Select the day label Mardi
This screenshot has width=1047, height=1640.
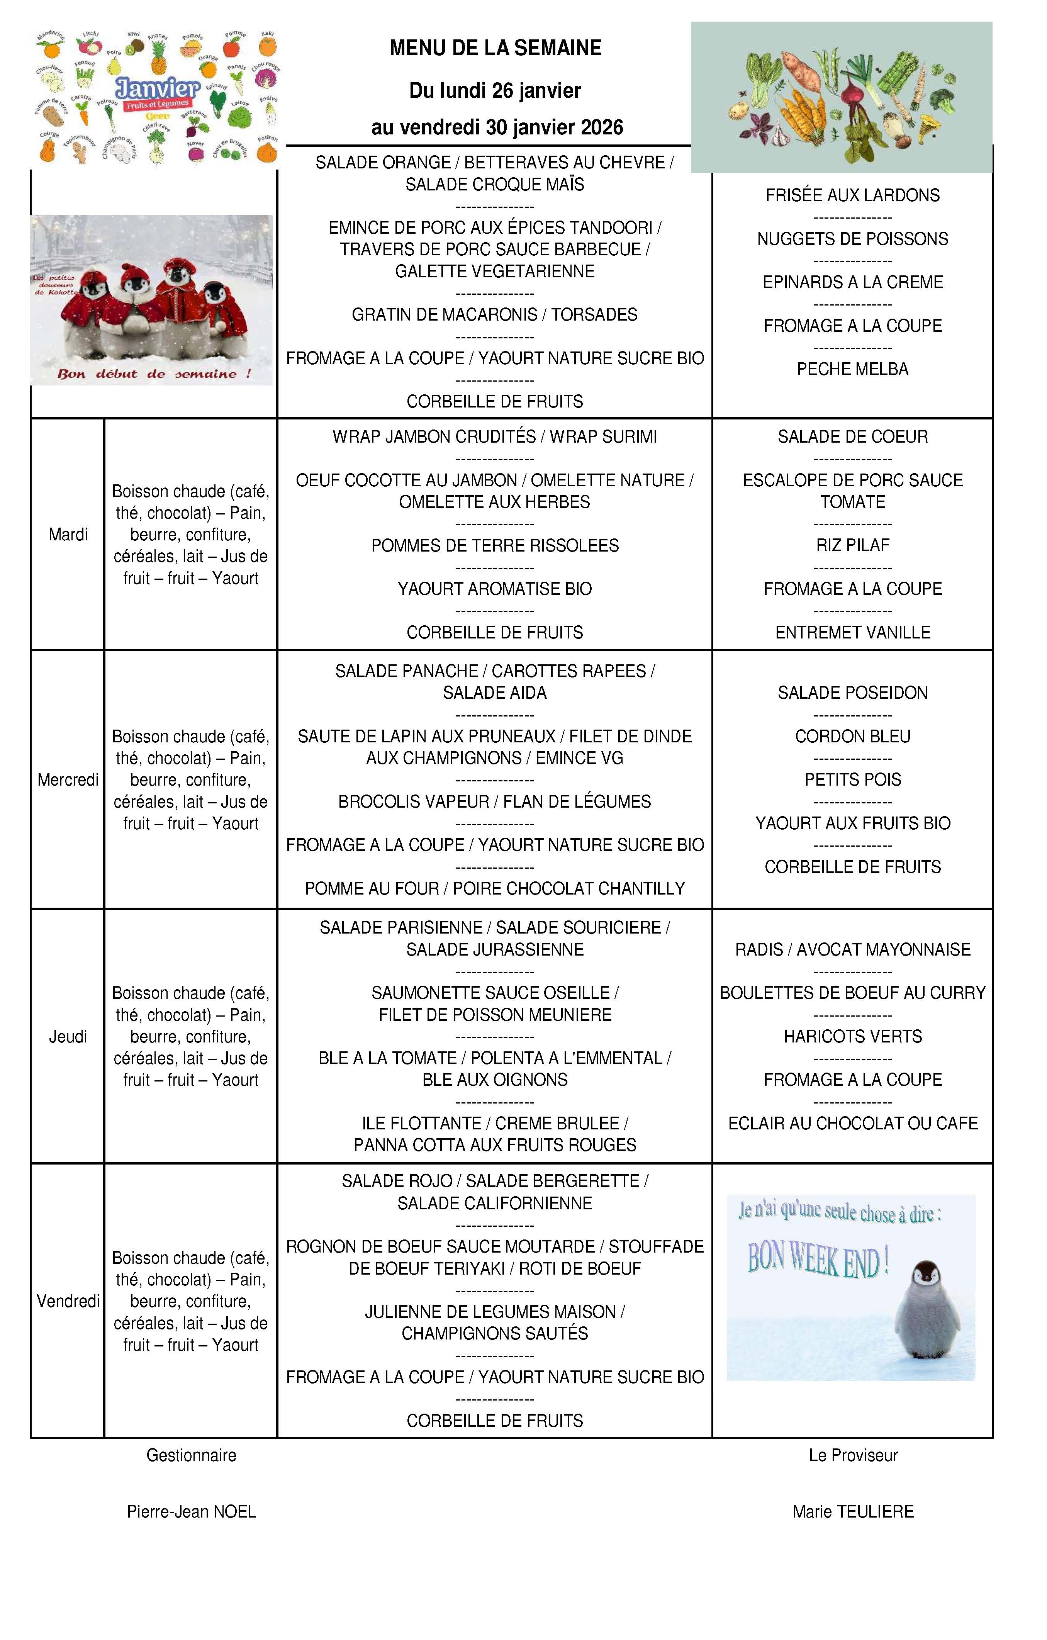[x=68, y=535]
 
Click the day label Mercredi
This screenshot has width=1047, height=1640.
[x=68, y=780]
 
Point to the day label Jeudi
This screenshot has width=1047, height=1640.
[x=68, y=1037]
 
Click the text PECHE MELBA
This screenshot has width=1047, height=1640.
[x=852, y=369]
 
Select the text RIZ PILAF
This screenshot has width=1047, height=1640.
[x=852, y=545]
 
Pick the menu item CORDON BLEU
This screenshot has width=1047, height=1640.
[x=852, y=736]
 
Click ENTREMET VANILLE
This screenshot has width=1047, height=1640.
[x=852, y=633]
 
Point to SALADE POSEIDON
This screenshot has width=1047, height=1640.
[x=852, y=693]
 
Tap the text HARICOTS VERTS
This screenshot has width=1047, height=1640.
[x=852, y=1037]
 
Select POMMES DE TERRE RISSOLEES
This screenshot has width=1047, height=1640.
[x=495, y=545]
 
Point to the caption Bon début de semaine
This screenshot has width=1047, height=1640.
[x=154, y=374]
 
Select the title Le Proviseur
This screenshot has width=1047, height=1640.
[x=853, y=1455]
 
